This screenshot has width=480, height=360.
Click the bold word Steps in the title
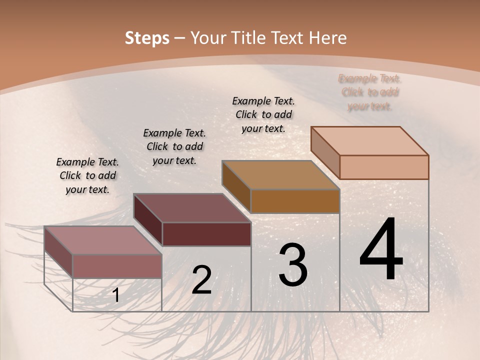pos(147,38)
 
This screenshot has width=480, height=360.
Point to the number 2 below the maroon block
pos(201,280)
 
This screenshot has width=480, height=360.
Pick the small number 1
pos(116,295)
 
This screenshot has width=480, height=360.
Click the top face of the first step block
pos(102,240)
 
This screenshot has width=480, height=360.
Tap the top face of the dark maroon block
pos(191,208)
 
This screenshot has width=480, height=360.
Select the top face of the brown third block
pos(280,175)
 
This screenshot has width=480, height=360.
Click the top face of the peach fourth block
pos(369,140)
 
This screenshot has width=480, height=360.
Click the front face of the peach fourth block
pos(384,167)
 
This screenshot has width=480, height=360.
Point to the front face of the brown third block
pos(295,201)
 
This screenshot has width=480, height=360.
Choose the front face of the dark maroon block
pos(206,234)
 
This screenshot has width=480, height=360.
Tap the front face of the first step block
pos(117,266)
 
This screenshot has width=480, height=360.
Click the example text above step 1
pos(87,175)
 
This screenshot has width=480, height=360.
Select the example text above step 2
pos(174,146)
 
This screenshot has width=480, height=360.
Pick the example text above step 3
pos(263,114)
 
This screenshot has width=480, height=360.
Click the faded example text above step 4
pos(370,92)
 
